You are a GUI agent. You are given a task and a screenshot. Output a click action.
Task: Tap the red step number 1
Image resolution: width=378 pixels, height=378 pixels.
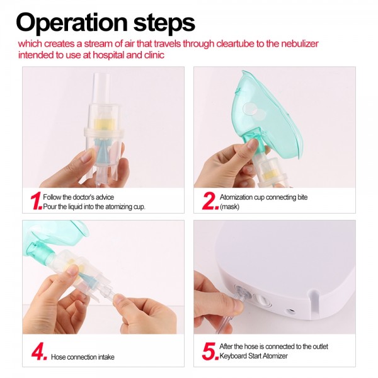(x=35, y=201)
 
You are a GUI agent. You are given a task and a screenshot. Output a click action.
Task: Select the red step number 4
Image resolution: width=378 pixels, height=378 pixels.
(x=38, y=352)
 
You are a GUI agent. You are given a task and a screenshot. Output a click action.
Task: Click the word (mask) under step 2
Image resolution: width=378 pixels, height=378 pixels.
(x=229, y=207)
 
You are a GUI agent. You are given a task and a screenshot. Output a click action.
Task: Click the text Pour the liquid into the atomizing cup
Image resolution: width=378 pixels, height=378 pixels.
(x=94, y=207)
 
